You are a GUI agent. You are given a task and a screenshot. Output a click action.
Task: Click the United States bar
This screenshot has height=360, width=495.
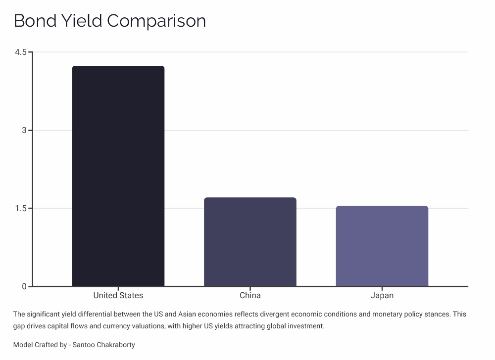tap(118, 176)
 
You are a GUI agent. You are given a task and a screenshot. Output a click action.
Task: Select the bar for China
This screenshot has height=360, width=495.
tap(250, 242)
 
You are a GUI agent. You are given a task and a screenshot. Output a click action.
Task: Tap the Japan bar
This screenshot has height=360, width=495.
tap(382, 246)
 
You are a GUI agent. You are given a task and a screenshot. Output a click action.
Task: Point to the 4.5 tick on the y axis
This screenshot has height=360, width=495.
tap(21, 52)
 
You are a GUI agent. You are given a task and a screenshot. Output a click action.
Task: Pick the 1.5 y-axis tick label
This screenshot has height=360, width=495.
tap(21, 208)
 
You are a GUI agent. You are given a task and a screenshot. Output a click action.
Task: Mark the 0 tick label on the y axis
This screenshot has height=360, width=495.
tap(24, 286)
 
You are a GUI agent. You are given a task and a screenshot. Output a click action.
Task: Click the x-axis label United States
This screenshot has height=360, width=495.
tap(118, 296)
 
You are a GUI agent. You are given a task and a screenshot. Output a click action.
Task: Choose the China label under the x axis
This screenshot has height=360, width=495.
tap(250, 296)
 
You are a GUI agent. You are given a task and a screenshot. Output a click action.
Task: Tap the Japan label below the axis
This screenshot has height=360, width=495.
tap(382, 296)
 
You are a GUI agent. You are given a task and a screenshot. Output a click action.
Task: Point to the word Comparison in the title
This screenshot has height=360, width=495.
tap(156, 21)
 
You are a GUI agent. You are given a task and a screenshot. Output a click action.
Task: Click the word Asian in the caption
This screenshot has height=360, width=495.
tap(178, 315)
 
